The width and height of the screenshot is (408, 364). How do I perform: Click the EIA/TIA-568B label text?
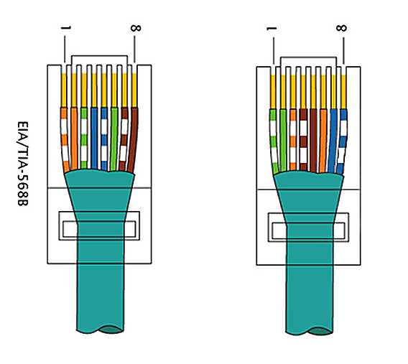pyautogui.click(x=23, y=164)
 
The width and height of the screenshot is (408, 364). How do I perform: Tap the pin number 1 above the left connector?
pyautogui.click(x=66, y=27)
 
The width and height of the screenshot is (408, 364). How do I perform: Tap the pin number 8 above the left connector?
pyautogui.click(x=136, y=28)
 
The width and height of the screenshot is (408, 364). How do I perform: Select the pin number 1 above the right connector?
pyautogui.click(x=272, y=29)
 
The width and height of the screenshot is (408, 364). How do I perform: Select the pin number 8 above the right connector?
pyautogui.click(x=341, y=28)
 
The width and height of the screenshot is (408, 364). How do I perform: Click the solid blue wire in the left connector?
pyautogui.click(x=94, y=139)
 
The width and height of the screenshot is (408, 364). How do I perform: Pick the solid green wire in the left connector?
pyautogui.click(x=114, y=139)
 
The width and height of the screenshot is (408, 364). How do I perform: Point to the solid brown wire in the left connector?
pyautogui.click(x=133, y=139)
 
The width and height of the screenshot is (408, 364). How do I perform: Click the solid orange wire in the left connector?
pyautogui.click(x=74, y=139)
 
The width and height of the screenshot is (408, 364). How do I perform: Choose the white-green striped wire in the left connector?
pyautogui.click(x=84, y=139)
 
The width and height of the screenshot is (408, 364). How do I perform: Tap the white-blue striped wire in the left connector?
pyautogui.click(x=104, y=139)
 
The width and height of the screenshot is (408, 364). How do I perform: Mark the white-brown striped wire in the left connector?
pyautogui.click(x=124, y=139)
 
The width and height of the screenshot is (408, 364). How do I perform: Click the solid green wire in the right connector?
pyautogui.click(x=283, y=141)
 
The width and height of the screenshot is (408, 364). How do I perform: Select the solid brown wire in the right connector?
pyautogui.click(x=313, y=141)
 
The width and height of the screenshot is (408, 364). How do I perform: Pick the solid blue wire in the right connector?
pyautogui.click(x=333, y=141)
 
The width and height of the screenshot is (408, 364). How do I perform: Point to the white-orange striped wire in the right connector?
pyautogui.click(x=293, y=140)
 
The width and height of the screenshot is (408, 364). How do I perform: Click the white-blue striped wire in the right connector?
pyautogui.click(x=342, y=141)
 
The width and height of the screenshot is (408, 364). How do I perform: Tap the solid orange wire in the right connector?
pyautogui.click(x=323, y=141)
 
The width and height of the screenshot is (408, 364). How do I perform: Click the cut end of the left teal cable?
pyautogui.click(x=111, y=330)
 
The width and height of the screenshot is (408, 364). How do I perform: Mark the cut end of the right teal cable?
pyautogui.click(x=320, y=332)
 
